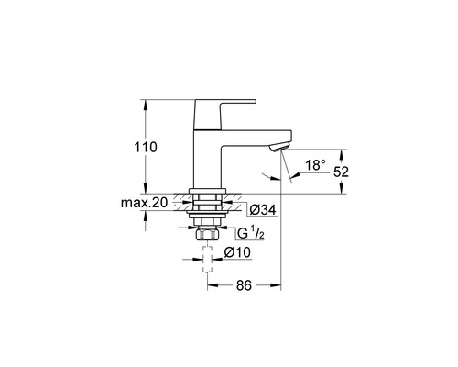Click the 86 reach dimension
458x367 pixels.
click(x=243, y=285)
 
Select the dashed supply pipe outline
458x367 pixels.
click(x=211, y=268)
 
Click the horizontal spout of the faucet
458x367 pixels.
click(x=256, y=137)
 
